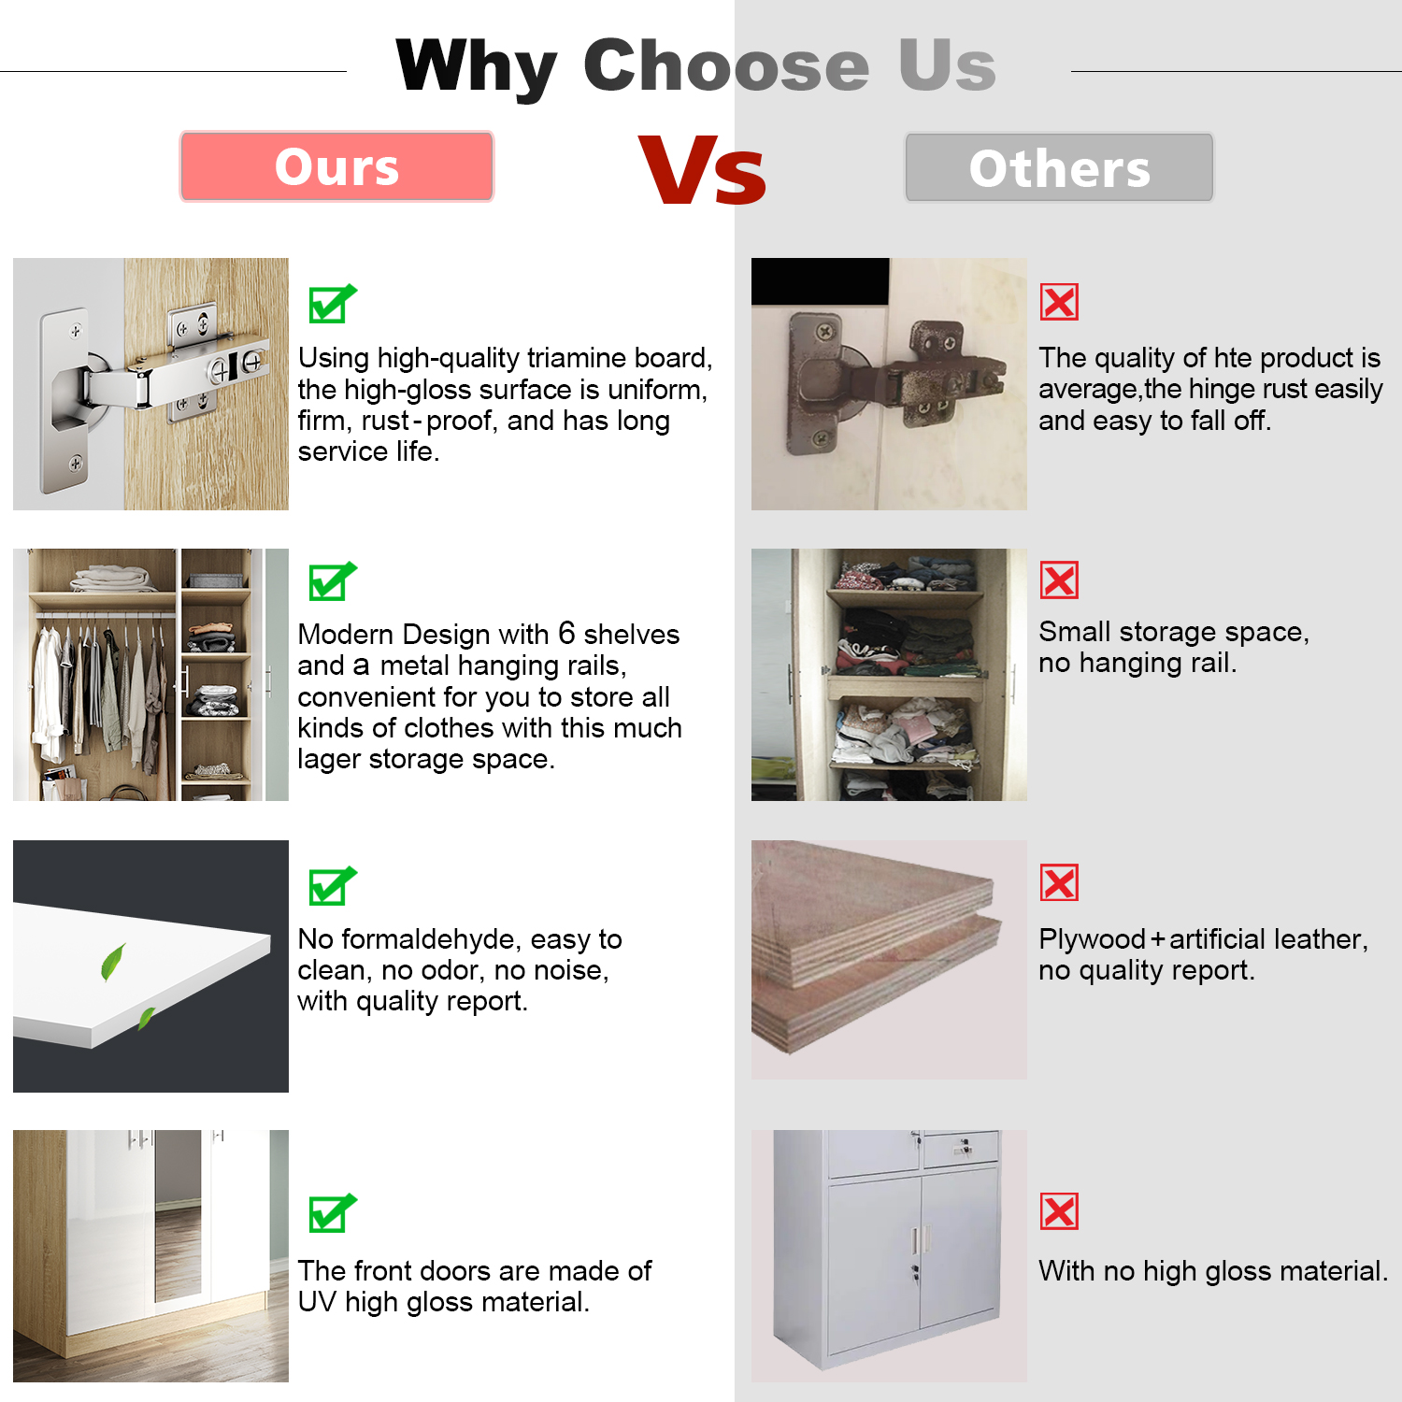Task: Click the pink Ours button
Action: tap(336, 166)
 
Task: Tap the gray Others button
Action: tap(1059, 167)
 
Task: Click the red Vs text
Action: tap(702, 170)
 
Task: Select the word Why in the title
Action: tap(477, 66)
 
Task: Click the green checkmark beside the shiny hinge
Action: tap(332, 303)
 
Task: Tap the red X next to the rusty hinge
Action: tap(1059, 302)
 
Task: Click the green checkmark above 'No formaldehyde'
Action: tap(332, 886)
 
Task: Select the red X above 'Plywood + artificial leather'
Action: tap(1059, 882)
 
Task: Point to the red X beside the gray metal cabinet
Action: tap(1059, 1211)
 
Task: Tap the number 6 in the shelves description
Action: tap(566, 634)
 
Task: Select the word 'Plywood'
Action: tap(1092, 940)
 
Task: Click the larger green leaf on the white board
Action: tap(113, 963)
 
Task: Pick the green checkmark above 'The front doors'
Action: tap(332, 1213)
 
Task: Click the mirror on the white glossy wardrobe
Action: tap(178, 1215)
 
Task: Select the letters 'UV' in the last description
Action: tap(318, 1302)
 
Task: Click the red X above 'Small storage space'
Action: tap(1059, 580)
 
